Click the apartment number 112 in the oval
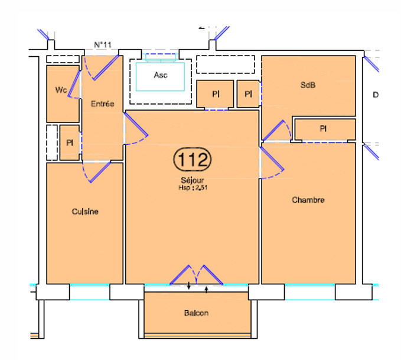pos(193,160)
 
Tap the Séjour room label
pos(193,181)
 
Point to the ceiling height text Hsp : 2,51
pos(193,189)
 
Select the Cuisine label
pos(85,212)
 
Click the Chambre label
pos(308,200)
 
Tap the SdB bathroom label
pos(308,85)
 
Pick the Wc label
pos(60,90)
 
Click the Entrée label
pos(102,104)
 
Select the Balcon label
pos(195,313)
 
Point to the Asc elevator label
pos(160,75)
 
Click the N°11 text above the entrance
pos(103,45)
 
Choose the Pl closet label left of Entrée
pos(69,142)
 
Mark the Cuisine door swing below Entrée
pos(97,172)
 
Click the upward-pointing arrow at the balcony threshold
pos(206,289)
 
